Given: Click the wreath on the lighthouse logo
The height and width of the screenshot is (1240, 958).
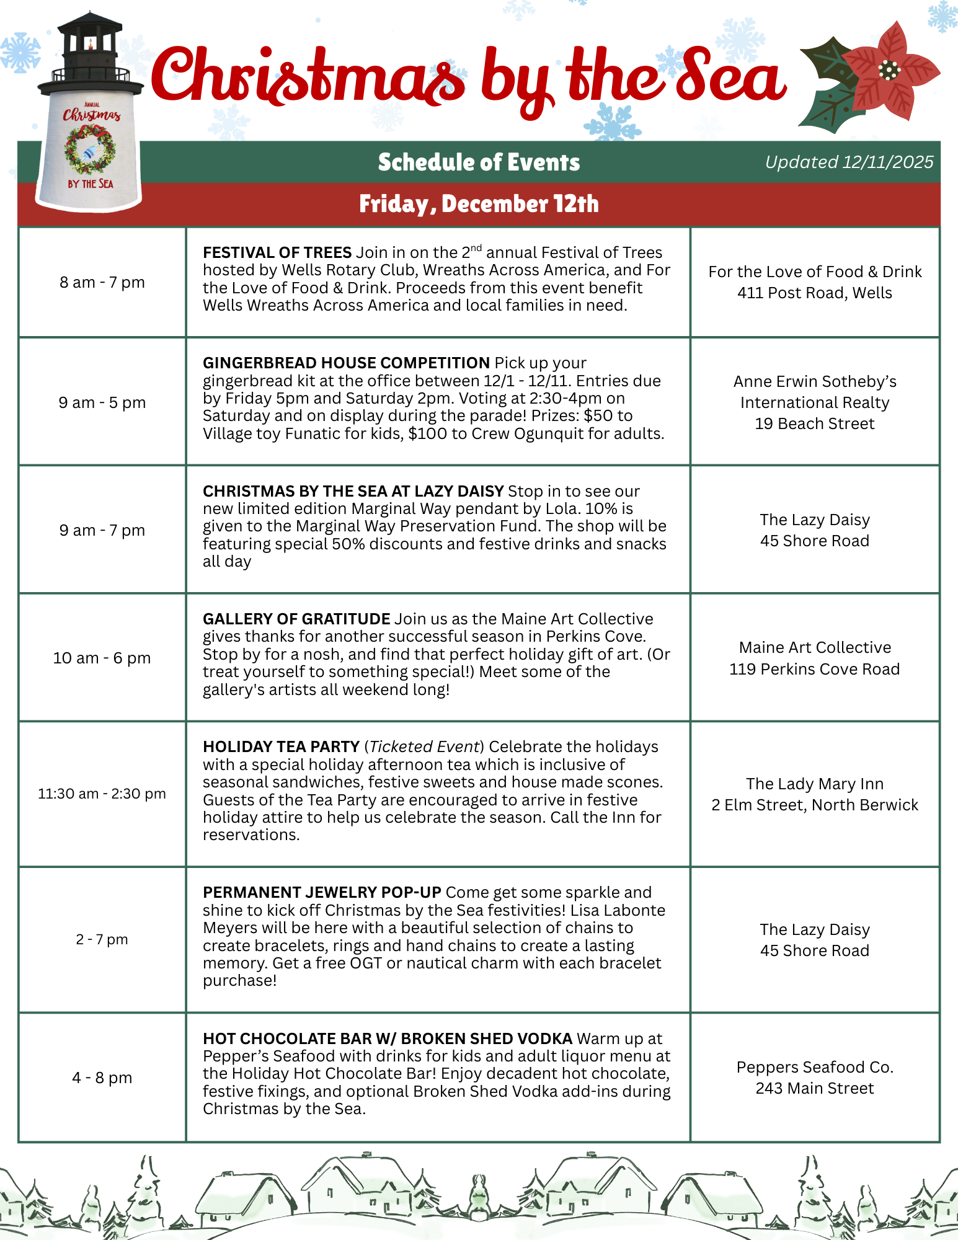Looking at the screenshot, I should (91, 149).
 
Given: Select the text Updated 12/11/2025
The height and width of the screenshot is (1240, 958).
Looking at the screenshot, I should (849, 162).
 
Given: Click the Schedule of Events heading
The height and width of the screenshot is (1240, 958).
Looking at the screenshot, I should (479, 162).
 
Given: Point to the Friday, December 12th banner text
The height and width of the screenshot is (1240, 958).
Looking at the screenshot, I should (479, 204).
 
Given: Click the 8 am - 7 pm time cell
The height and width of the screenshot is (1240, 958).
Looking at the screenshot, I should (102, 282).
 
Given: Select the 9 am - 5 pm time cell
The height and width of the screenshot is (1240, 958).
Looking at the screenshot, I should (102, 402).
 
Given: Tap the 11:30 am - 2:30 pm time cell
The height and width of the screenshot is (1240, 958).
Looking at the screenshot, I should (102, 794).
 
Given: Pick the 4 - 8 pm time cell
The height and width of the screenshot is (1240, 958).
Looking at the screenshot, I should (102, 1078).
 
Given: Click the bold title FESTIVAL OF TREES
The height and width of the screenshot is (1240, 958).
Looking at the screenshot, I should (277, 253).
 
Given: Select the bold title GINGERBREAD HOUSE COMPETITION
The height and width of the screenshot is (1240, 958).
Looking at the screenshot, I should (346, 363).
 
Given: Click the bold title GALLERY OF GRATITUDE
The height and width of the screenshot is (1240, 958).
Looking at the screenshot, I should (296, 619).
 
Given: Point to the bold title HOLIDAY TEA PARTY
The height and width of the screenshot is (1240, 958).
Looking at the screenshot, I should (281, 747).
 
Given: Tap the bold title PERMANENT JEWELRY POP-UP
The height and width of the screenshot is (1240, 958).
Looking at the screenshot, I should (322, 893).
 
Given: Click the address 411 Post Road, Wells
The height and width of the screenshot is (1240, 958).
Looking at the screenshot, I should (814, 293).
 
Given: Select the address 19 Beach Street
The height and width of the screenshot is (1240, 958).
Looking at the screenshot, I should (814, 423).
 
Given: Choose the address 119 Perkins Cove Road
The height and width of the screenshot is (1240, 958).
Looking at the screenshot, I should (814, 669).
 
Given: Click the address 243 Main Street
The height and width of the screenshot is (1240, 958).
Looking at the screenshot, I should (814, 1088).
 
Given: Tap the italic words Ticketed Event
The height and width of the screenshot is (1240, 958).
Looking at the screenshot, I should (425, 747).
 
